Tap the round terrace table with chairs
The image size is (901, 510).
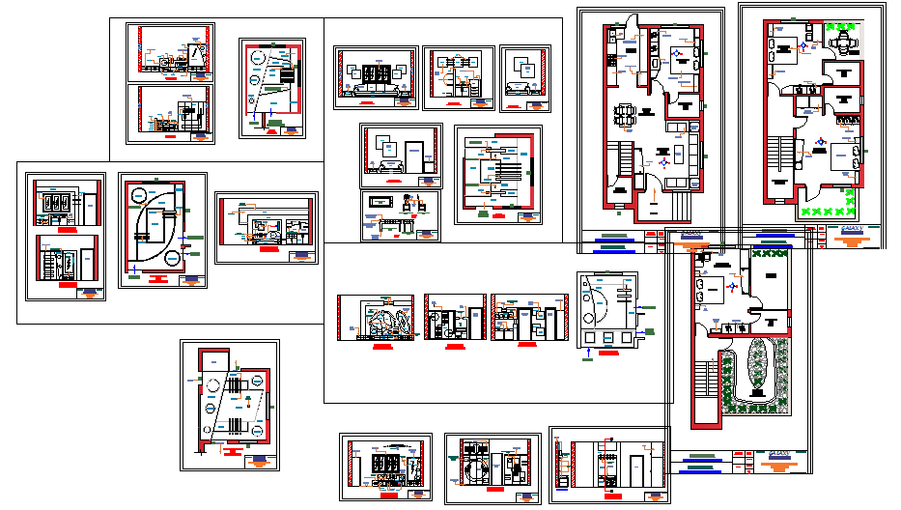click(844, 43)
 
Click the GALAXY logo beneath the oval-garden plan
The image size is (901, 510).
click(779, 454)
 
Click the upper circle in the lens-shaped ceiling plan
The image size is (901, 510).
click(157, 192)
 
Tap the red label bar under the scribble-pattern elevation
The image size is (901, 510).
click(382, 345)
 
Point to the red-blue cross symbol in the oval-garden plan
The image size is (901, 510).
click(731, 287)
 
